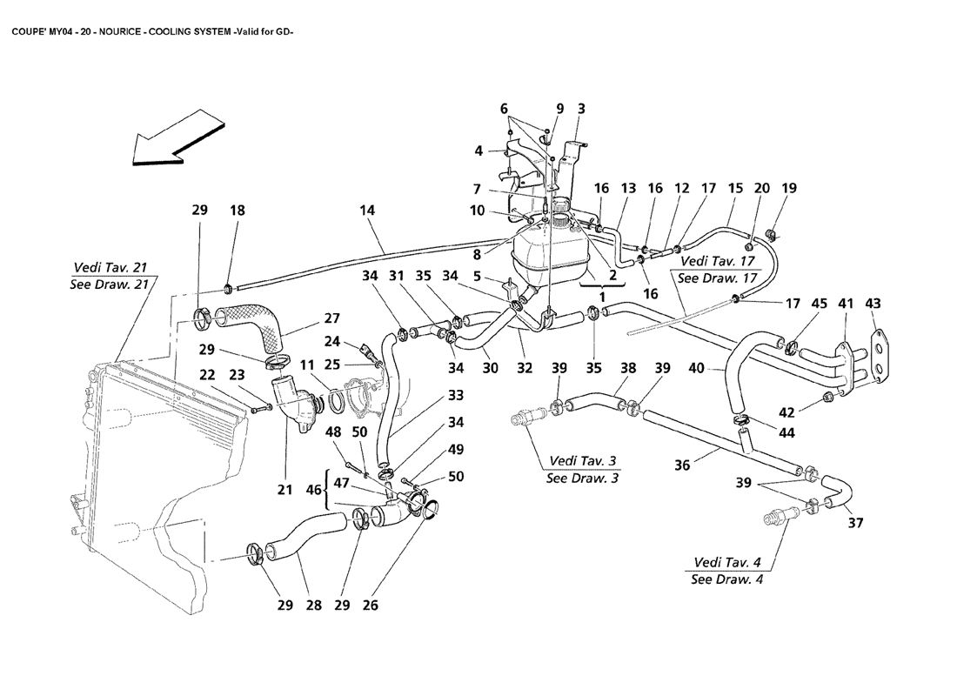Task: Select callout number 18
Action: click(x=238, y=210)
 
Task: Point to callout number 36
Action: click(x=682, y=465)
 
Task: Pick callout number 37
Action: click(x=855, y=523)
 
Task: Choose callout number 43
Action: click(x=873, y=304)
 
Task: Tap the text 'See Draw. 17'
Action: click(x=713, y=278)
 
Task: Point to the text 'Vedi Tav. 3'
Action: click(x=585, y=460)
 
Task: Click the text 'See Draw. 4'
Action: click(x=726, y=579)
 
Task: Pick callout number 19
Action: click(x=789, y=188)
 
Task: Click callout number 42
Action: click(x=810, y=412)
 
